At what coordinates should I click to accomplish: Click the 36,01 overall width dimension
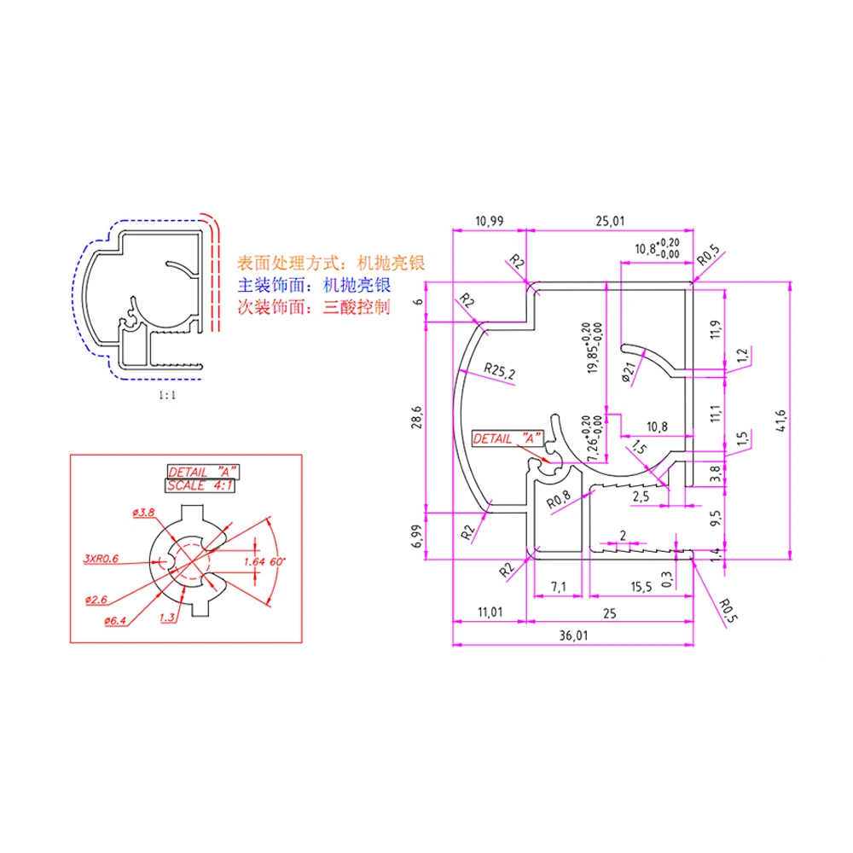click(574, 635)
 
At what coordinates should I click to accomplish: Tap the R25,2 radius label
click(500, 370)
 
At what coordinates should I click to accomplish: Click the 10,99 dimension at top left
click(489, 221)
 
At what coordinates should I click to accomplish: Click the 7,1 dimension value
click(559, 587)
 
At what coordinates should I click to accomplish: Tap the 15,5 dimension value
click(641, 587)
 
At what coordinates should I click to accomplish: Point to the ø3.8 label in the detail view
click(142, 512)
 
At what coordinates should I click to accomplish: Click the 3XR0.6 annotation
click(101, 559)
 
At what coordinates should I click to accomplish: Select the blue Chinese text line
click(314, 285)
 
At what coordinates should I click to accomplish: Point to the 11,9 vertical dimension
click(715, 328)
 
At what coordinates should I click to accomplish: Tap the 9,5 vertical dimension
click(715, 517)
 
